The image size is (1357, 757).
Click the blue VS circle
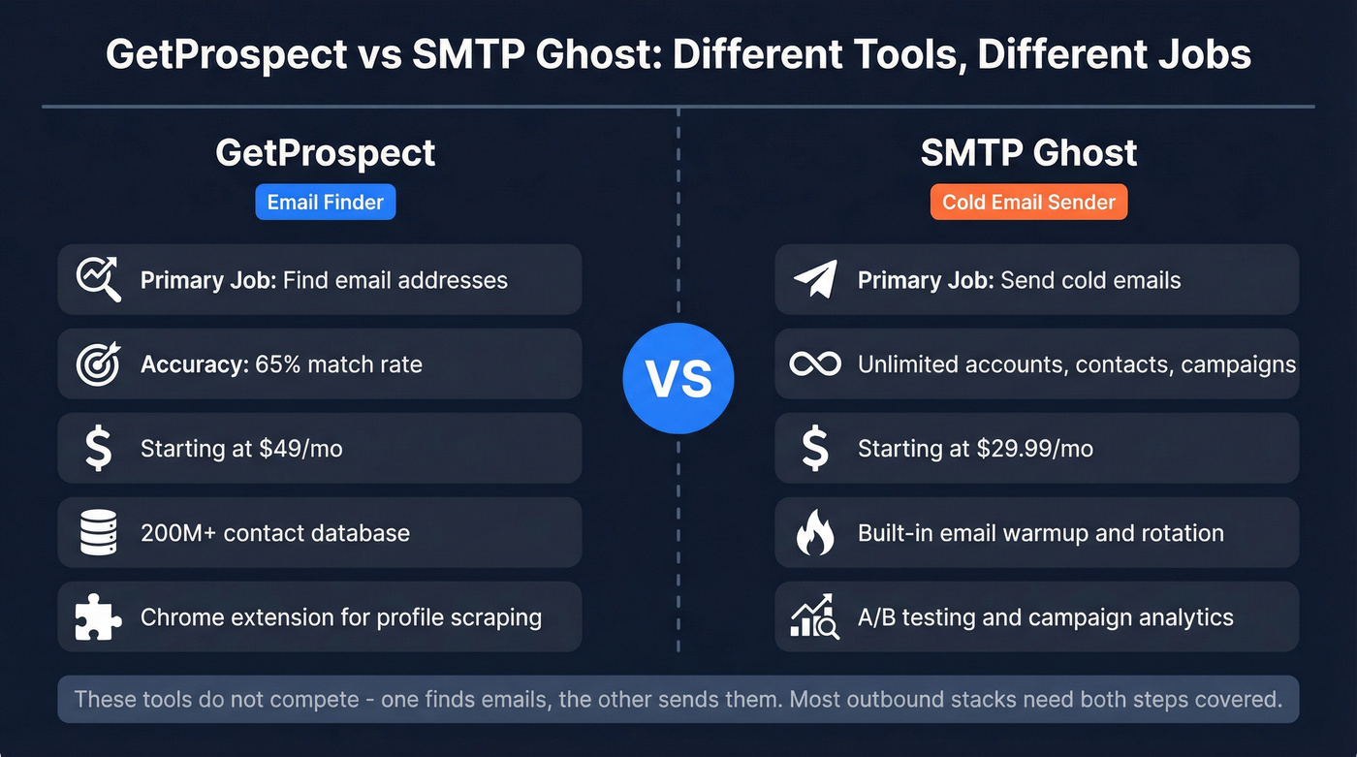coord(678,378)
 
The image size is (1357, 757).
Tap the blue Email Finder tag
coord(326,203)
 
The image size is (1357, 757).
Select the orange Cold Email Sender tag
coord(1028,203)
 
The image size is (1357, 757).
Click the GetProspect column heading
coord(326,153)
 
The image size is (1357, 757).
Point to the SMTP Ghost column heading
coord(1028,153)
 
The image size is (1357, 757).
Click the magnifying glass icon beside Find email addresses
coord(98,279)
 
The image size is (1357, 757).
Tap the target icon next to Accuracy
coord(98,364)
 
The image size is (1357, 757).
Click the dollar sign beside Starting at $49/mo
coord(98,449)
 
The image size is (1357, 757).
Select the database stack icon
coord(98,533)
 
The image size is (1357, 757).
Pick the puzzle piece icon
coord(98,617)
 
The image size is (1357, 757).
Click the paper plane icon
coord(814,279)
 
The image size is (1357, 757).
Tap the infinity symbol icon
coord(814,364)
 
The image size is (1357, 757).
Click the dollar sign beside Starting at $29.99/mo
coord(814,449)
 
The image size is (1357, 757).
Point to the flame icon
coord(814,533)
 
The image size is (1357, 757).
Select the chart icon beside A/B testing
coord(814,617)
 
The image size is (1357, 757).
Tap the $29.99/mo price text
coord(1039,449)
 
